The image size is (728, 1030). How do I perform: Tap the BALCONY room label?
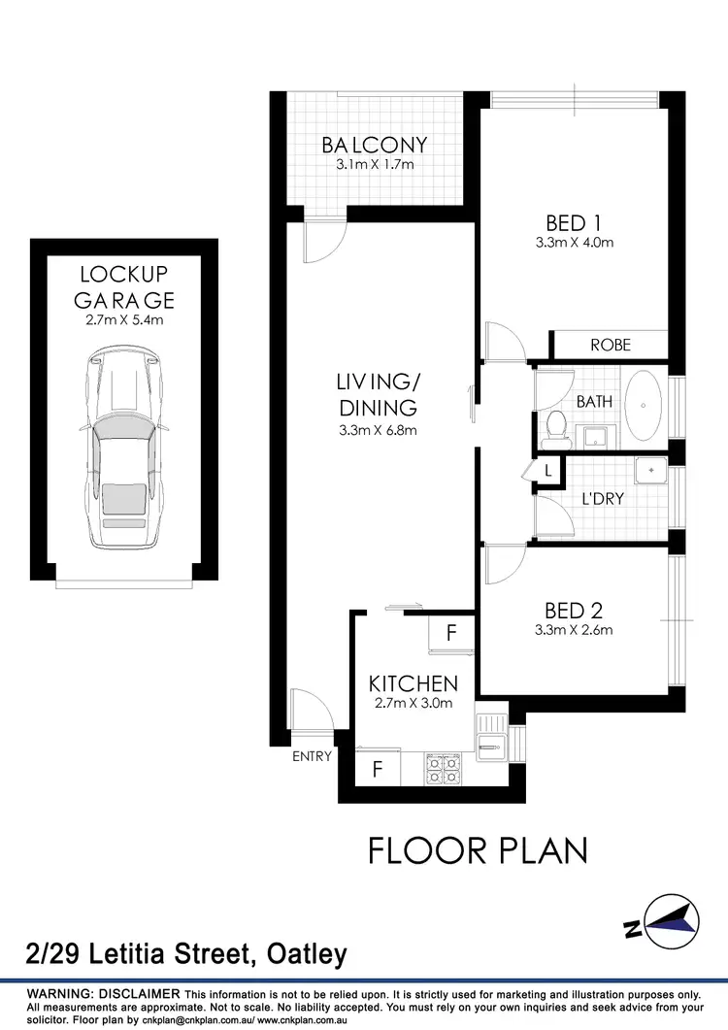pos(375,146)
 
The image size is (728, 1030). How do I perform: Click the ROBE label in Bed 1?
pos(610,345)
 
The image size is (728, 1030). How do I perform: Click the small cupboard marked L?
pos(548,471)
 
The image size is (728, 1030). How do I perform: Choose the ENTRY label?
pos(312,756)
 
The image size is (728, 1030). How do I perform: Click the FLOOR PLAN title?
pos(478,850)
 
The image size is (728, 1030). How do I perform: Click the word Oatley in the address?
pos(302,954)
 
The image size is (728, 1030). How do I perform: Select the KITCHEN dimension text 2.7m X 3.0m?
pos(413,704)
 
